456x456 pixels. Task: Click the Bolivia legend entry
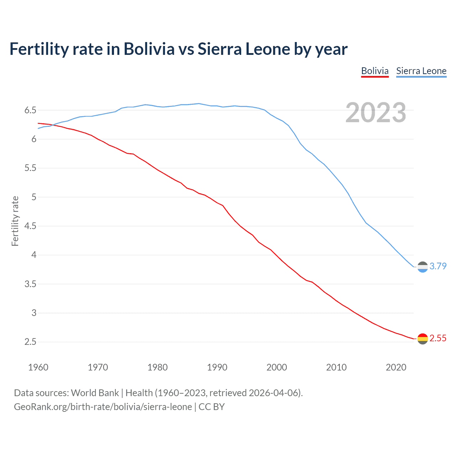(375, 71)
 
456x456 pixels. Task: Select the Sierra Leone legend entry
(421, 71)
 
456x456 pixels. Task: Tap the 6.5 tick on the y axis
(30, 110)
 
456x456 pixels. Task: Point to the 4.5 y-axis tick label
(30, 226)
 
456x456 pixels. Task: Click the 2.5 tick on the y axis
(30, 342)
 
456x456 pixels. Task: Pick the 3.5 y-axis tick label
(30, 284)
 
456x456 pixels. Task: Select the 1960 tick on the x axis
(38, 367)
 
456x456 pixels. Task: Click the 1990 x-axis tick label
(217, 367)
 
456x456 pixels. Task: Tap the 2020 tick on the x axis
(396, 367)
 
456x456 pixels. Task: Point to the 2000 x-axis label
(277, 367)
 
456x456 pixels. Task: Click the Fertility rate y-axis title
(15, 221)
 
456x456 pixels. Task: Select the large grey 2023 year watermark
(375, 113)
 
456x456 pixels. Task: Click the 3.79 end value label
(438, 266)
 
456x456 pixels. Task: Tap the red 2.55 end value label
(438, 338)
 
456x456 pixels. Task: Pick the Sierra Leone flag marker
(423, 267)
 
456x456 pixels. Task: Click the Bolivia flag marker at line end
(423, 339)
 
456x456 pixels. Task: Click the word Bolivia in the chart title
(149, 49)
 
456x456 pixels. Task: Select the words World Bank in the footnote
(95, 393)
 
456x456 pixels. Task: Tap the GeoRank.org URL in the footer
(103, 407)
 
